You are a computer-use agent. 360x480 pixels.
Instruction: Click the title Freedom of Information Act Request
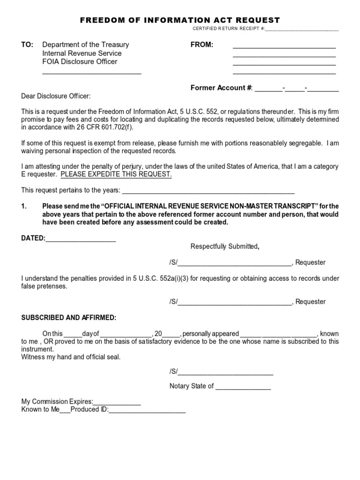(x=180, y=20)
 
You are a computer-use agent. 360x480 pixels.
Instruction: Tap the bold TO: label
(x=27, y=45)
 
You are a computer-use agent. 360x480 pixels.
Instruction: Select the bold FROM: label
(x=202, y=45)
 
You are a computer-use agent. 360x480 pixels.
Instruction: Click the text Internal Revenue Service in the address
(x=82, y=53)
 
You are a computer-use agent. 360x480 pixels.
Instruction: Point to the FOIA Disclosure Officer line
(x=80, y=62)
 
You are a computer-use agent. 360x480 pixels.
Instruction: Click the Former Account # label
(x=221, y=88)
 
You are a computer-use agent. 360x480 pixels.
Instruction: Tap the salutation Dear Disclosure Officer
(x=56, y=96)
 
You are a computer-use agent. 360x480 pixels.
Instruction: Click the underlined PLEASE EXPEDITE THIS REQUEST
(x=116, y=174)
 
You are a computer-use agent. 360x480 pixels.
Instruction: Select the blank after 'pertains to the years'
(x=208, y=191)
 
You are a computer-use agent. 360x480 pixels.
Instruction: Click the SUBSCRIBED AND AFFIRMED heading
(x=68, y=318)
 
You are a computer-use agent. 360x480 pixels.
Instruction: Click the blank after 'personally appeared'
(x=278, y=334)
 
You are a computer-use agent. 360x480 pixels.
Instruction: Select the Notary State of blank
(x=243, y=387)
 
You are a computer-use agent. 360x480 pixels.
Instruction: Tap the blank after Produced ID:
(x=148, y=410)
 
